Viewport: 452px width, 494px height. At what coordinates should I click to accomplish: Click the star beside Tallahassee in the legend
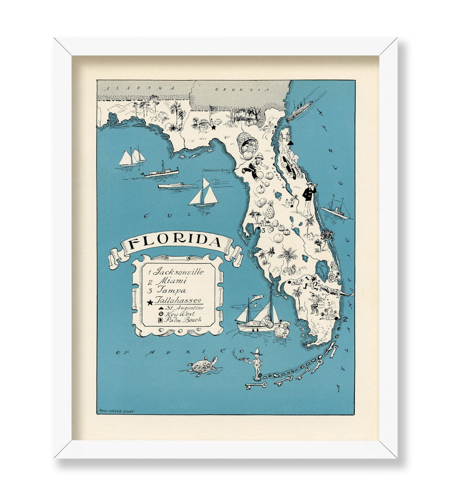(150, 302)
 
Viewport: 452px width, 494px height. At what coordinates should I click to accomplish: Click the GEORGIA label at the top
(242, 89)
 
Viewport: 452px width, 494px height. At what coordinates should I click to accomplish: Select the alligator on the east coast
(336, 292)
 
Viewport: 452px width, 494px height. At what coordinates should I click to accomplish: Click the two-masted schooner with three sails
(132, 157)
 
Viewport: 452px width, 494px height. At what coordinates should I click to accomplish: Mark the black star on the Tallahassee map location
(214, 128)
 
